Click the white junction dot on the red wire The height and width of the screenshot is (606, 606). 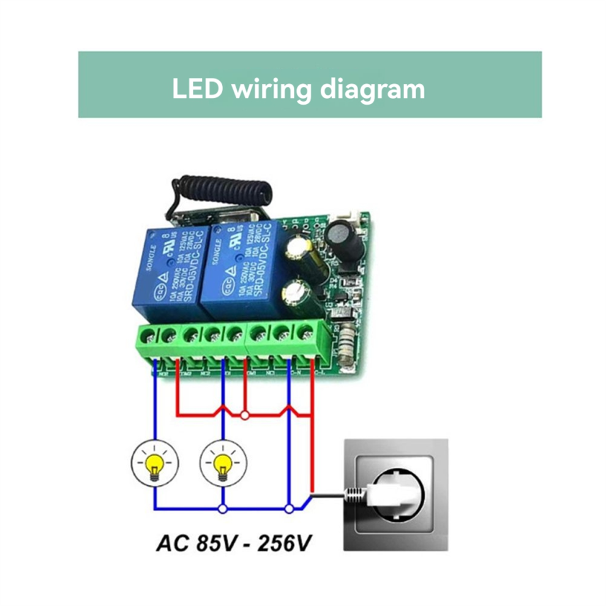tap(245, 416)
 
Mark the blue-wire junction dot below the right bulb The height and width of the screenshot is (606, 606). tap(223, 507)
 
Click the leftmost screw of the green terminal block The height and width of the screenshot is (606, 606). tap(150, 335)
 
